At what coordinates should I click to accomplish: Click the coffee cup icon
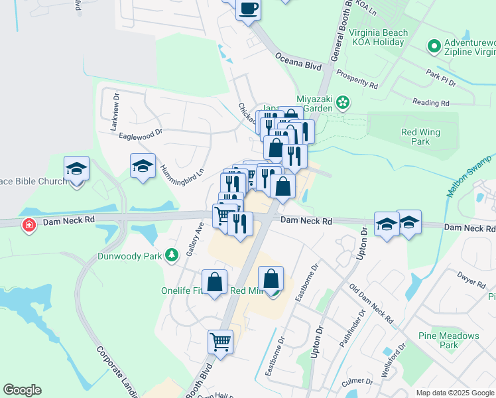click(x=248, y=9)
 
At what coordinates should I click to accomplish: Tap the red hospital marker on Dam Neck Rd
click(x=29, y=226)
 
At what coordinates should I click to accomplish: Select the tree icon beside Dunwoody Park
click(x=172, y=255)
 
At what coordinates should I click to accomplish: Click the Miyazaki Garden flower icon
click(x=342, y=102)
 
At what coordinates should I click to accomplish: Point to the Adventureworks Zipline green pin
click(x=434, y=46)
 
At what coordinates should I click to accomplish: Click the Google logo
click(x=22, y=390)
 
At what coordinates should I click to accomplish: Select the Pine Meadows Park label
click(x=449, y=340)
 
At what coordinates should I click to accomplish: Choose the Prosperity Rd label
click(x=356, y=79)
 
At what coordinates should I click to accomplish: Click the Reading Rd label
click(x=430, y=103)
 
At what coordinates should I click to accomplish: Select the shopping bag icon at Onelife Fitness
click(x=215, y=283)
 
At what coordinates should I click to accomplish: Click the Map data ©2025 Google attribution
click(x=455, y=393)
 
